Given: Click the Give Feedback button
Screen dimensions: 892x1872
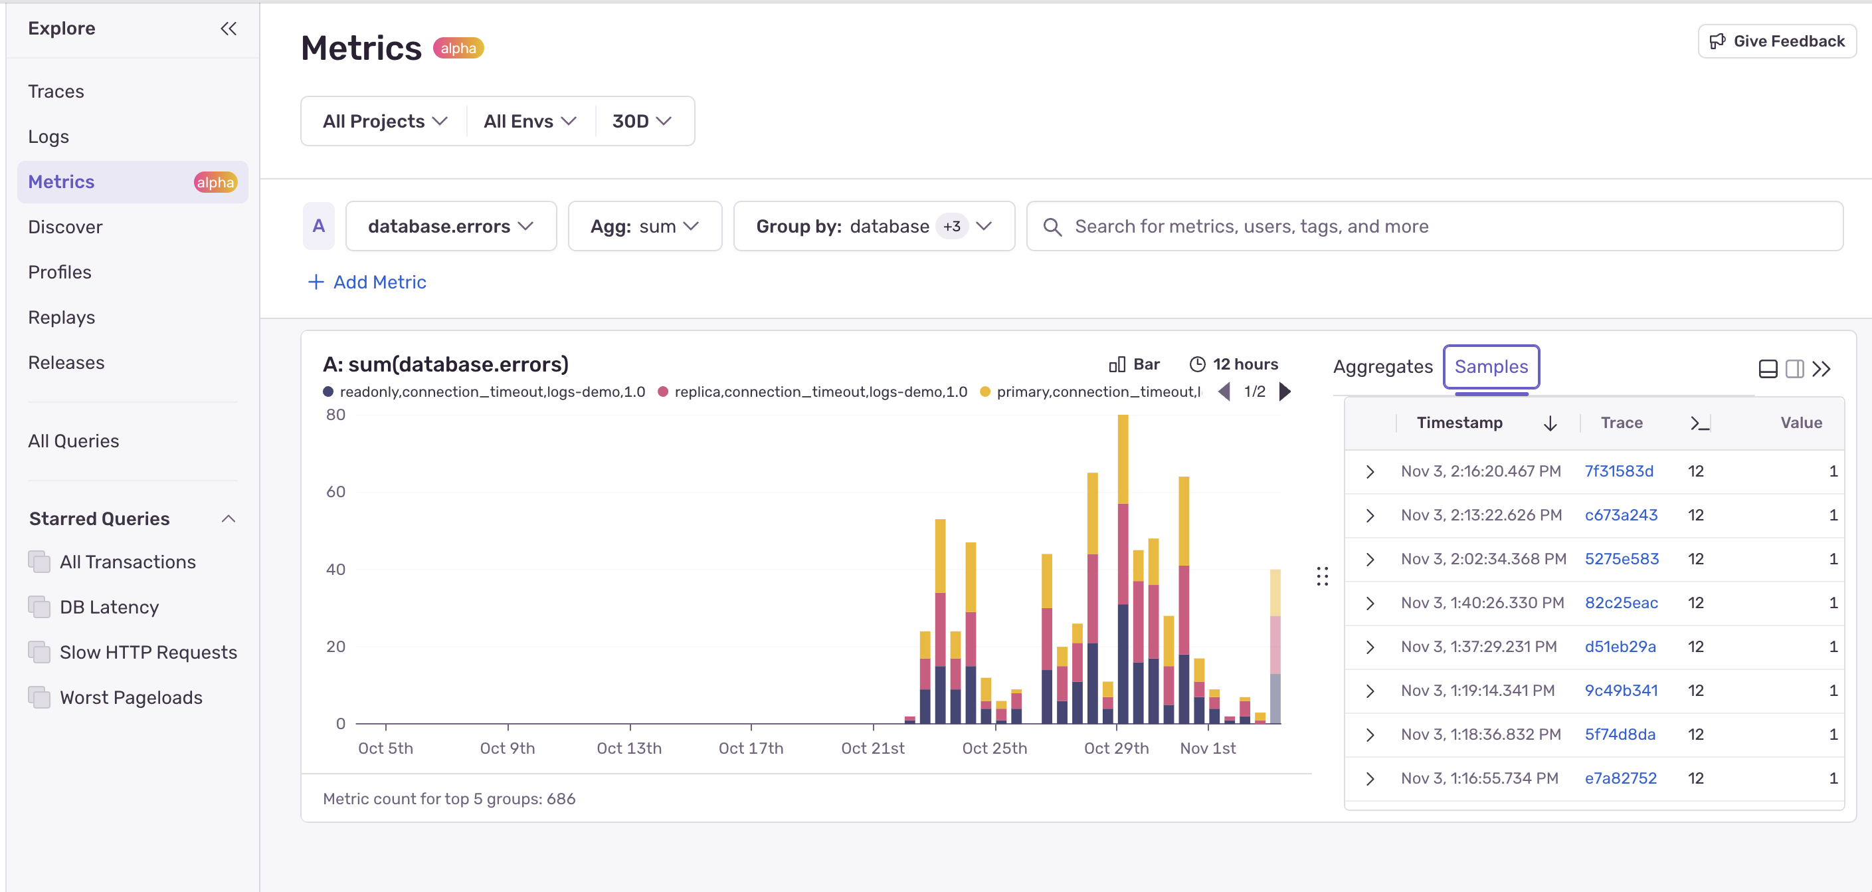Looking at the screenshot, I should click(x=1777, y=41).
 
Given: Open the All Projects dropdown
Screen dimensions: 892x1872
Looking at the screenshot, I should click(x=385, y=122).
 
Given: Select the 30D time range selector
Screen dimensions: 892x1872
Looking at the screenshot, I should click(x=641, y=122).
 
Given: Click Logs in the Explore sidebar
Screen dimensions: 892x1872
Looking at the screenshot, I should click(x=48, y=137).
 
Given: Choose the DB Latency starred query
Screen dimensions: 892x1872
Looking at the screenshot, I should click(x=109, y=607).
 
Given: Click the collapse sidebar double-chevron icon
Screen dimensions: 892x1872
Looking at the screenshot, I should click(x=228, y=29).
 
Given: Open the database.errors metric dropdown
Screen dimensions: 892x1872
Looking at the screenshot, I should click(x=450, y=227).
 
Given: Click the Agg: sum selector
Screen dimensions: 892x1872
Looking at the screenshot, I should click(x=644, y=227).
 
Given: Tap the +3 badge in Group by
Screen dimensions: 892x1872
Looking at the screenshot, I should click(x=951, y=227).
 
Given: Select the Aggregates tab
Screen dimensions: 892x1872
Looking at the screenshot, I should click(x=1382, y=367).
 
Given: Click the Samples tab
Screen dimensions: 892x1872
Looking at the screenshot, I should click(x=1491, y=367).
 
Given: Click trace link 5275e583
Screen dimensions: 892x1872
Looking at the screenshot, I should click(x=1622, y=559).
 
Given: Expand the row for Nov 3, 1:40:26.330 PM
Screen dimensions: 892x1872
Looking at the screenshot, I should click(x=1370, y=604).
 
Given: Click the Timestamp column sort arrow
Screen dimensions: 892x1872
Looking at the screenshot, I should click(x=1550, y=423).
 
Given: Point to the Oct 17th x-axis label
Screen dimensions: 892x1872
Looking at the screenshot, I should click(x=751, y=748).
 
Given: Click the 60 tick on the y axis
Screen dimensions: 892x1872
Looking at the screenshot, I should click(x=335, y=492).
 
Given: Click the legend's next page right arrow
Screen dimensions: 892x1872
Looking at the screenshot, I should click(x=1285, y=392).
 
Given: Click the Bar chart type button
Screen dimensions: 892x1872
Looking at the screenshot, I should click(x=1135, y=364).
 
